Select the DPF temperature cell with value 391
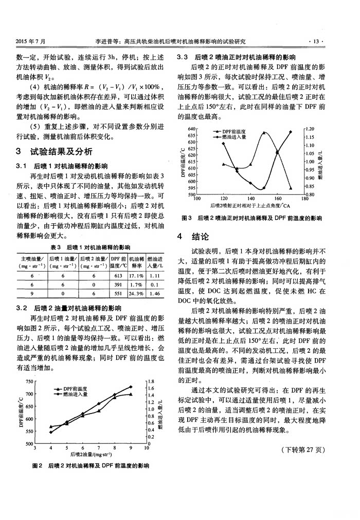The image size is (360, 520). pos(117,284)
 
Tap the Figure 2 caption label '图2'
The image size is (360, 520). pos(37,466)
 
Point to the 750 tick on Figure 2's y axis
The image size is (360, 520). pos(29,381)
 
